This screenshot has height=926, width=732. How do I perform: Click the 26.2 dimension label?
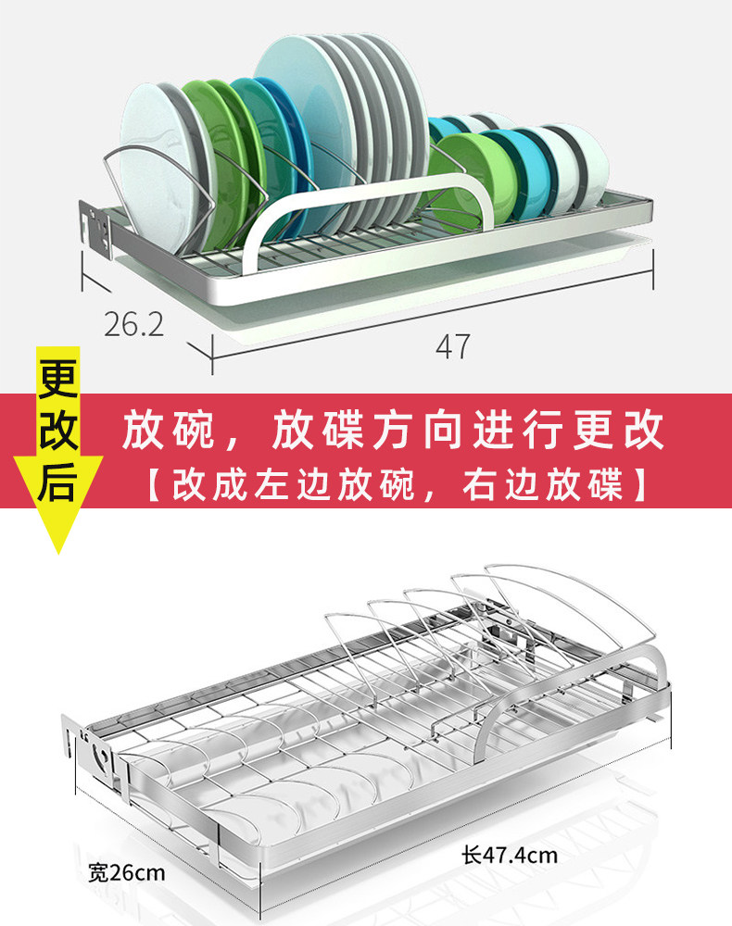pyautogui.click(x=133, y=324)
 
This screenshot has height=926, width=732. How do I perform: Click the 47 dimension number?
pyautogui.click(x=452, y=346)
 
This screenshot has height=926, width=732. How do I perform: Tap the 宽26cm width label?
pyautogui.click(x=127, y=871)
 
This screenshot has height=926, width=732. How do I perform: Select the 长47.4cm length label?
pyautogui.click(x=509, y=854)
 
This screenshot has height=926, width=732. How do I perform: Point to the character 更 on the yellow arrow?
pyautogui.click(x=58, y=378)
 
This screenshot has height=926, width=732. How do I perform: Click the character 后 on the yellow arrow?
pyautogui.click(x=58, y=482)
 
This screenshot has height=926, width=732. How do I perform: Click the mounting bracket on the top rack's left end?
pyautogui.click(x=95, y=227)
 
